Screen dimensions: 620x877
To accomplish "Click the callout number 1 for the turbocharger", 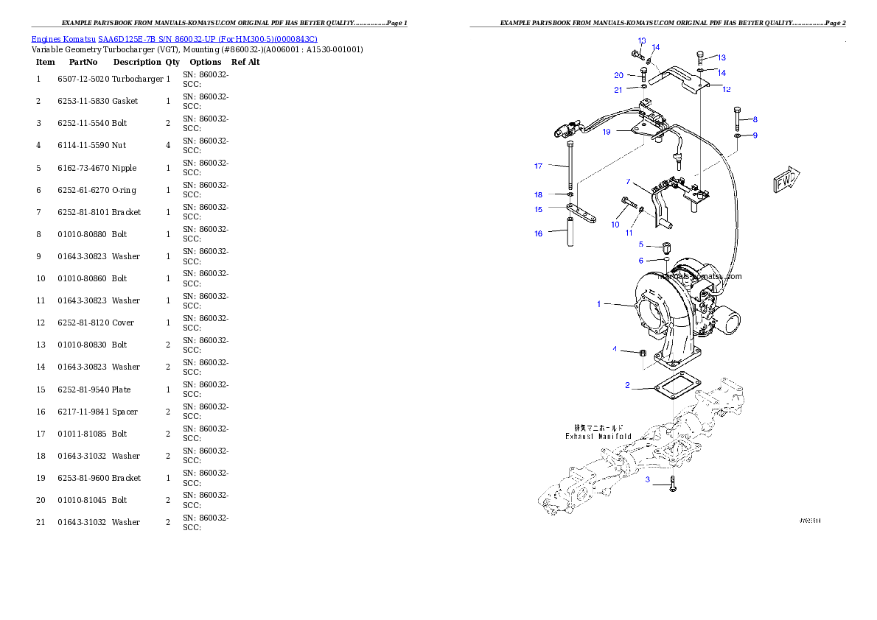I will coord(599,303).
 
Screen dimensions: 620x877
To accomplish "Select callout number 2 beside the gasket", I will coord(627,385).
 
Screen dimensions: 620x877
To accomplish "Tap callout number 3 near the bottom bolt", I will coord(648,480).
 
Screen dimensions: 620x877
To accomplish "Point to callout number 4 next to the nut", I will coord(615,349).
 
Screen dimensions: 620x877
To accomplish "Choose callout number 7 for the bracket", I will coord(628,182).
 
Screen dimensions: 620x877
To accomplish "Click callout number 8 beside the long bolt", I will coord(755,119).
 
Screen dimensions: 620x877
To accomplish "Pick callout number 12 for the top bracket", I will coord(727,89).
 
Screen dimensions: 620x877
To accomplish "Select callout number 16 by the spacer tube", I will coord(539,233).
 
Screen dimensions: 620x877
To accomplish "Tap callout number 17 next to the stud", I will coord(539,166).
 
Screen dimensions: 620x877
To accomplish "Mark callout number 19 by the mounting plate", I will coord(607,132).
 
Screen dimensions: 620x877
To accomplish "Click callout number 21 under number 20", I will coord(618,90).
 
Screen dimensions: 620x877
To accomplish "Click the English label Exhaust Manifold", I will coord(598,436).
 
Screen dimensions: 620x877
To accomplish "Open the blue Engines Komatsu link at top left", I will coord(174,39).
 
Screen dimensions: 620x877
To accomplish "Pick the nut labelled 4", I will coord(642,353).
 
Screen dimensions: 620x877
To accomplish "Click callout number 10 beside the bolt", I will coord(615,225).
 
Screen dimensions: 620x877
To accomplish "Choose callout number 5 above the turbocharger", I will coord(641,244).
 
